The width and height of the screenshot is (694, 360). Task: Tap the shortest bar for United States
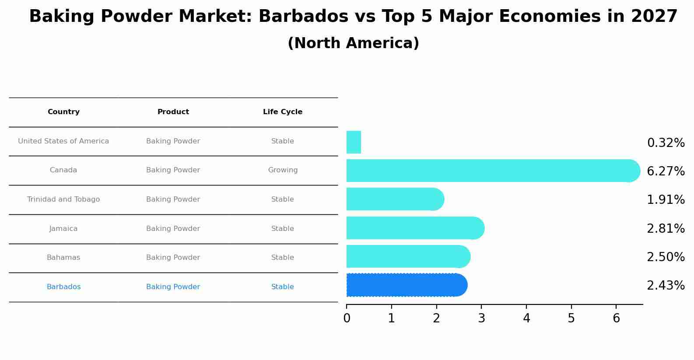coord(354,142)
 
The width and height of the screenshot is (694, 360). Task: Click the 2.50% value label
coord(665,257)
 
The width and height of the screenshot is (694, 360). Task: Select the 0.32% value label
coord(665,143)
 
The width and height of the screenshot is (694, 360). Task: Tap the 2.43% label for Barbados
coord(665,286)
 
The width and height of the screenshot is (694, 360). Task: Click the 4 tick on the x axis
coord(526,318)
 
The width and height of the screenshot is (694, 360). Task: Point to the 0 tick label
coord(347,318)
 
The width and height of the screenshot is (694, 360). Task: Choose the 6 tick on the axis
coord(616,318)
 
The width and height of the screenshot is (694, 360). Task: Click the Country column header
coord(63,112)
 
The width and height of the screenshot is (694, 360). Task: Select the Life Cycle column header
coord(283,112)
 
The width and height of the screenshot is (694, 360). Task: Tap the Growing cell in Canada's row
coord(283,170)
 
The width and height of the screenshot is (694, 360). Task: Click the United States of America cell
coord(63,141)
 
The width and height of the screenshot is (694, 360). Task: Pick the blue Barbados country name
coord(63,287)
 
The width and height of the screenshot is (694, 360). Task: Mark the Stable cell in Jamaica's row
coord(283,229)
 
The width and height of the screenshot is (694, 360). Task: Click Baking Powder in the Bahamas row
coord(173,258)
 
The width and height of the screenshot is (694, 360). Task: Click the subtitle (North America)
coord(353,43)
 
